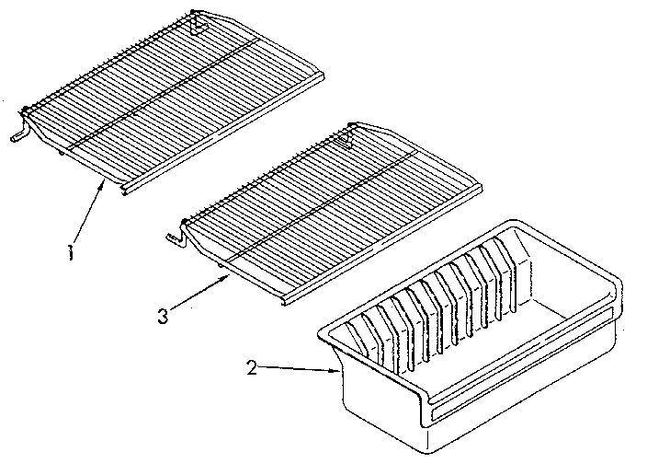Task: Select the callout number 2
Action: click(x=251, y=368)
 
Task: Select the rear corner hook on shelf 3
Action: click(x=347, y=141)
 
